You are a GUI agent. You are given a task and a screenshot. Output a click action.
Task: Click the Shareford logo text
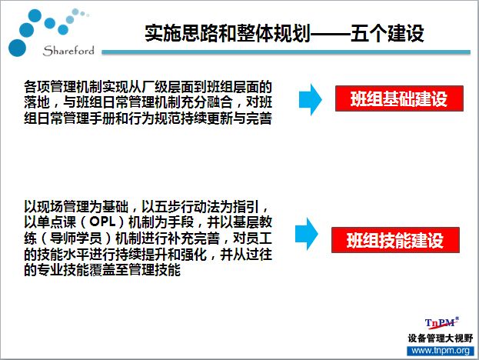pyautogui.click(x=68, y=51)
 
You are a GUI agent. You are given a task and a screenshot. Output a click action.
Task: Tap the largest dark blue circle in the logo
pyautogui.click(x=17, y=48)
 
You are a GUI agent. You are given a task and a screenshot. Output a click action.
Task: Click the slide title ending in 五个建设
pyautogui.click(x=284, y=33)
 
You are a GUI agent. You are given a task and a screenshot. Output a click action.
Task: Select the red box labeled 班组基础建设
pyautogui.click(x=399, y=98)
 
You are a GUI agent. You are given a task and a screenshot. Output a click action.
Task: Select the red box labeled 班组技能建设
pyautogui.click(x=395, y=240)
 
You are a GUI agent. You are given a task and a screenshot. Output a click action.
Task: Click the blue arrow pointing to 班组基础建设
pyautogui.click(x=310, y=99)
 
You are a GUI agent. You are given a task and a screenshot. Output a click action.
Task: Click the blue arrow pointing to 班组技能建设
pyautogui.click(x=307, y=234)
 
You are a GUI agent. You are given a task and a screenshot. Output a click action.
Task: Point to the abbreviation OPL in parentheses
pyautogui.click(x=102, y=222)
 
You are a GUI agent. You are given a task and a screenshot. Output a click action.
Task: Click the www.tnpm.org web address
pyautogui.click(x=441, y=351)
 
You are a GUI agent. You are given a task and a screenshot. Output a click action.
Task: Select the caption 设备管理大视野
pyautogui.click(x=441, y=338)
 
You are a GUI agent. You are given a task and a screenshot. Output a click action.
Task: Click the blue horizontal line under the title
pyautogui.click(x=286, y=52)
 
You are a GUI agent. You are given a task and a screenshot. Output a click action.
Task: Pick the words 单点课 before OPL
pyautogui.click(x=56, y=222)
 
